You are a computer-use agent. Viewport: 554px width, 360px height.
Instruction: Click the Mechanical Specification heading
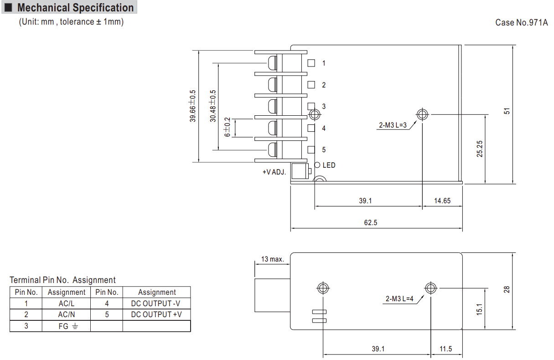(x=75, y=7)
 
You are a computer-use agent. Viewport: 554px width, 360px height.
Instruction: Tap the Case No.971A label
(x=521, y=22)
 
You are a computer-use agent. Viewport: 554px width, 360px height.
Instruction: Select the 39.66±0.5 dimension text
(x=192, y=106)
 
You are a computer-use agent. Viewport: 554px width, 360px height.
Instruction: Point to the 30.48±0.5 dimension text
(x=212, y=106)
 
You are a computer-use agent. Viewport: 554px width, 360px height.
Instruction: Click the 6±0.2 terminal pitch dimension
(x=227, y=127)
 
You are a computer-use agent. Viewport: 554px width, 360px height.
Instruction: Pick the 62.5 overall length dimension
(x=371, y=222)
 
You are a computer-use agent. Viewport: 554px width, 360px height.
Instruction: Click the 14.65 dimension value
(x=442, y=201)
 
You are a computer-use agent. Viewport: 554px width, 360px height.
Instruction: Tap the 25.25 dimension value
(x=479, y=149)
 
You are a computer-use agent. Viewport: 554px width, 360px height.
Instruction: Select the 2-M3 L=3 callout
(x=393, y=125)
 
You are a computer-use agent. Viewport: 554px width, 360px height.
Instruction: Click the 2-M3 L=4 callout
(x=399, y=298)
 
